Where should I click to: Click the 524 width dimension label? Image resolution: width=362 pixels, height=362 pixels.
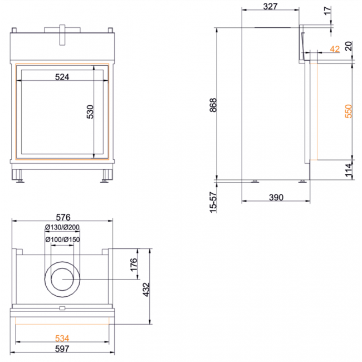pos(62,77)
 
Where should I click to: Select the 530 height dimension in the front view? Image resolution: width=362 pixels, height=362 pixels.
pos(90,112)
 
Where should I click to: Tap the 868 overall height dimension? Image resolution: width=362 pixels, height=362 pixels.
pos(213,105)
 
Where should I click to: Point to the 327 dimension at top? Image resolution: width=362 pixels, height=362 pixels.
pos(270,7)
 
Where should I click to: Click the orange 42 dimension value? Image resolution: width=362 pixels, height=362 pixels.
pos(335,49)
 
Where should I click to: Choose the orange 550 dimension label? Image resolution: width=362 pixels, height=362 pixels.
pos(349,111)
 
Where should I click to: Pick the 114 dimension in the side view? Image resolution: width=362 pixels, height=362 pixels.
pos(349,170)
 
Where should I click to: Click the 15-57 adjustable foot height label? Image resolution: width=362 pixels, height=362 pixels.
pos(213,202)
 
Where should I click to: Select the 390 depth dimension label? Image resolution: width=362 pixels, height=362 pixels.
pos(276,198)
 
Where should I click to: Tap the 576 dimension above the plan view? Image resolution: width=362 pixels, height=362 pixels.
pos(63,217)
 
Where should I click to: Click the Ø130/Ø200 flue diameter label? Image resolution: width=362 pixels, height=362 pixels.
pos(62,227)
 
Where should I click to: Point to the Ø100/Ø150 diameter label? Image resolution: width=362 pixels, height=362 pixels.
pos(62,239)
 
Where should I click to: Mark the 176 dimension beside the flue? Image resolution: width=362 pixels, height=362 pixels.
pos(134,265)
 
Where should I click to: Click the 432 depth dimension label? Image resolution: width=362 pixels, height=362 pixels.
pos(146,290)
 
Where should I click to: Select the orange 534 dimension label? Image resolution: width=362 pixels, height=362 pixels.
pos(62,339)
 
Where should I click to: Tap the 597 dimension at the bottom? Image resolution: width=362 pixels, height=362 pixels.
pos(62,349)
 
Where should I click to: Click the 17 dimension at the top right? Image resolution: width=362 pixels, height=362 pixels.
pos(327,11)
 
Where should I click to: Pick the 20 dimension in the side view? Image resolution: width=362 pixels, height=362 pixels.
pos(349,46)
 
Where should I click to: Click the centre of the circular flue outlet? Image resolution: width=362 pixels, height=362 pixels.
pos(62,280)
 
